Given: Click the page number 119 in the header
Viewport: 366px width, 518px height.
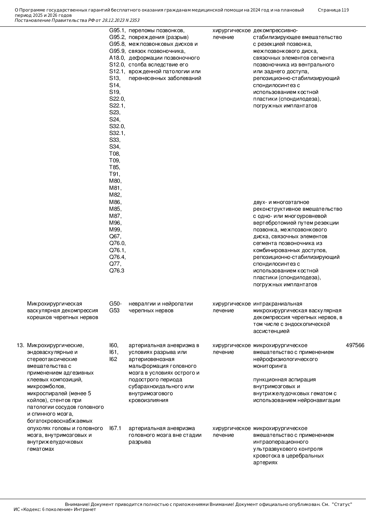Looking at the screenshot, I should (x=345, y=10).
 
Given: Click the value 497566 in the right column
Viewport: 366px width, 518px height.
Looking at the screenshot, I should (x=355, y=345).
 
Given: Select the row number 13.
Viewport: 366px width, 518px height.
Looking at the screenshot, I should (x=20, y=345).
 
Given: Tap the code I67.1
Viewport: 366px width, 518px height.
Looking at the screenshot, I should (x=115, y=428).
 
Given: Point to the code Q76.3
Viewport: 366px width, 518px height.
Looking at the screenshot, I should (x=117, y=271).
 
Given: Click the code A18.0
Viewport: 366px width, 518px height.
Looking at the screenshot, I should (x=117, y=58).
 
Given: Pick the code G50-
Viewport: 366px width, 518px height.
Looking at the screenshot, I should (x=115, y=304).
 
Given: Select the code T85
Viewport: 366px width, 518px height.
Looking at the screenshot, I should (x=115, y=167).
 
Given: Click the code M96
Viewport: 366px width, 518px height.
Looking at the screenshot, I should (x=115, y=223).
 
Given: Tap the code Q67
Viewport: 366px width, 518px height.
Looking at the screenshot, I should (x=115, y=236).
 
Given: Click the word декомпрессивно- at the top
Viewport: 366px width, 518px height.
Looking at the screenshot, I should (x=275, y=30).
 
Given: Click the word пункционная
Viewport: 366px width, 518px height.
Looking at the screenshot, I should (x=269, y=380).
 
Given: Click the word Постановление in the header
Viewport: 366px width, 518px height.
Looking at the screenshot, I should (x=32, y=20).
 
